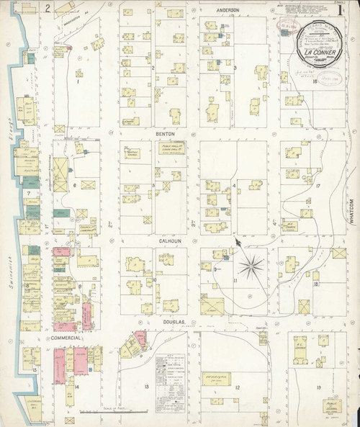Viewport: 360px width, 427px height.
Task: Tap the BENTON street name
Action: click(166, 133)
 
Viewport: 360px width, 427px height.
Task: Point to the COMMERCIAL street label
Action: click(66, 337)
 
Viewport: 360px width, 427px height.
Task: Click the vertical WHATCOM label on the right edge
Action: click(352, 211)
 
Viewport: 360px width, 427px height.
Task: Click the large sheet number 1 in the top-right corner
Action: click(339, 12)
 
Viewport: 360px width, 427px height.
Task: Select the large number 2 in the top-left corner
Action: click(47, 9)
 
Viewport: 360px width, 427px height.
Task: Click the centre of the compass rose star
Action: click(251, 268)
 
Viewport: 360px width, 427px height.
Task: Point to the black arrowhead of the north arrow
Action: click(237, 243)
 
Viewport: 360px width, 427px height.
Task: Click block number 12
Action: click(237, 387)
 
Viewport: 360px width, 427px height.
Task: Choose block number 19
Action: click(318, 387)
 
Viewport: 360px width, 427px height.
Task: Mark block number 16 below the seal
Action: click(315, 81)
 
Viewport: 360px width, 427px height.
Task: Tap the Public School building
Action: click(171, 148)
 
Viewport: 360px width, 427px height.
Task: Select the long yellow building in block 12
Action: click(215, 378)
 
